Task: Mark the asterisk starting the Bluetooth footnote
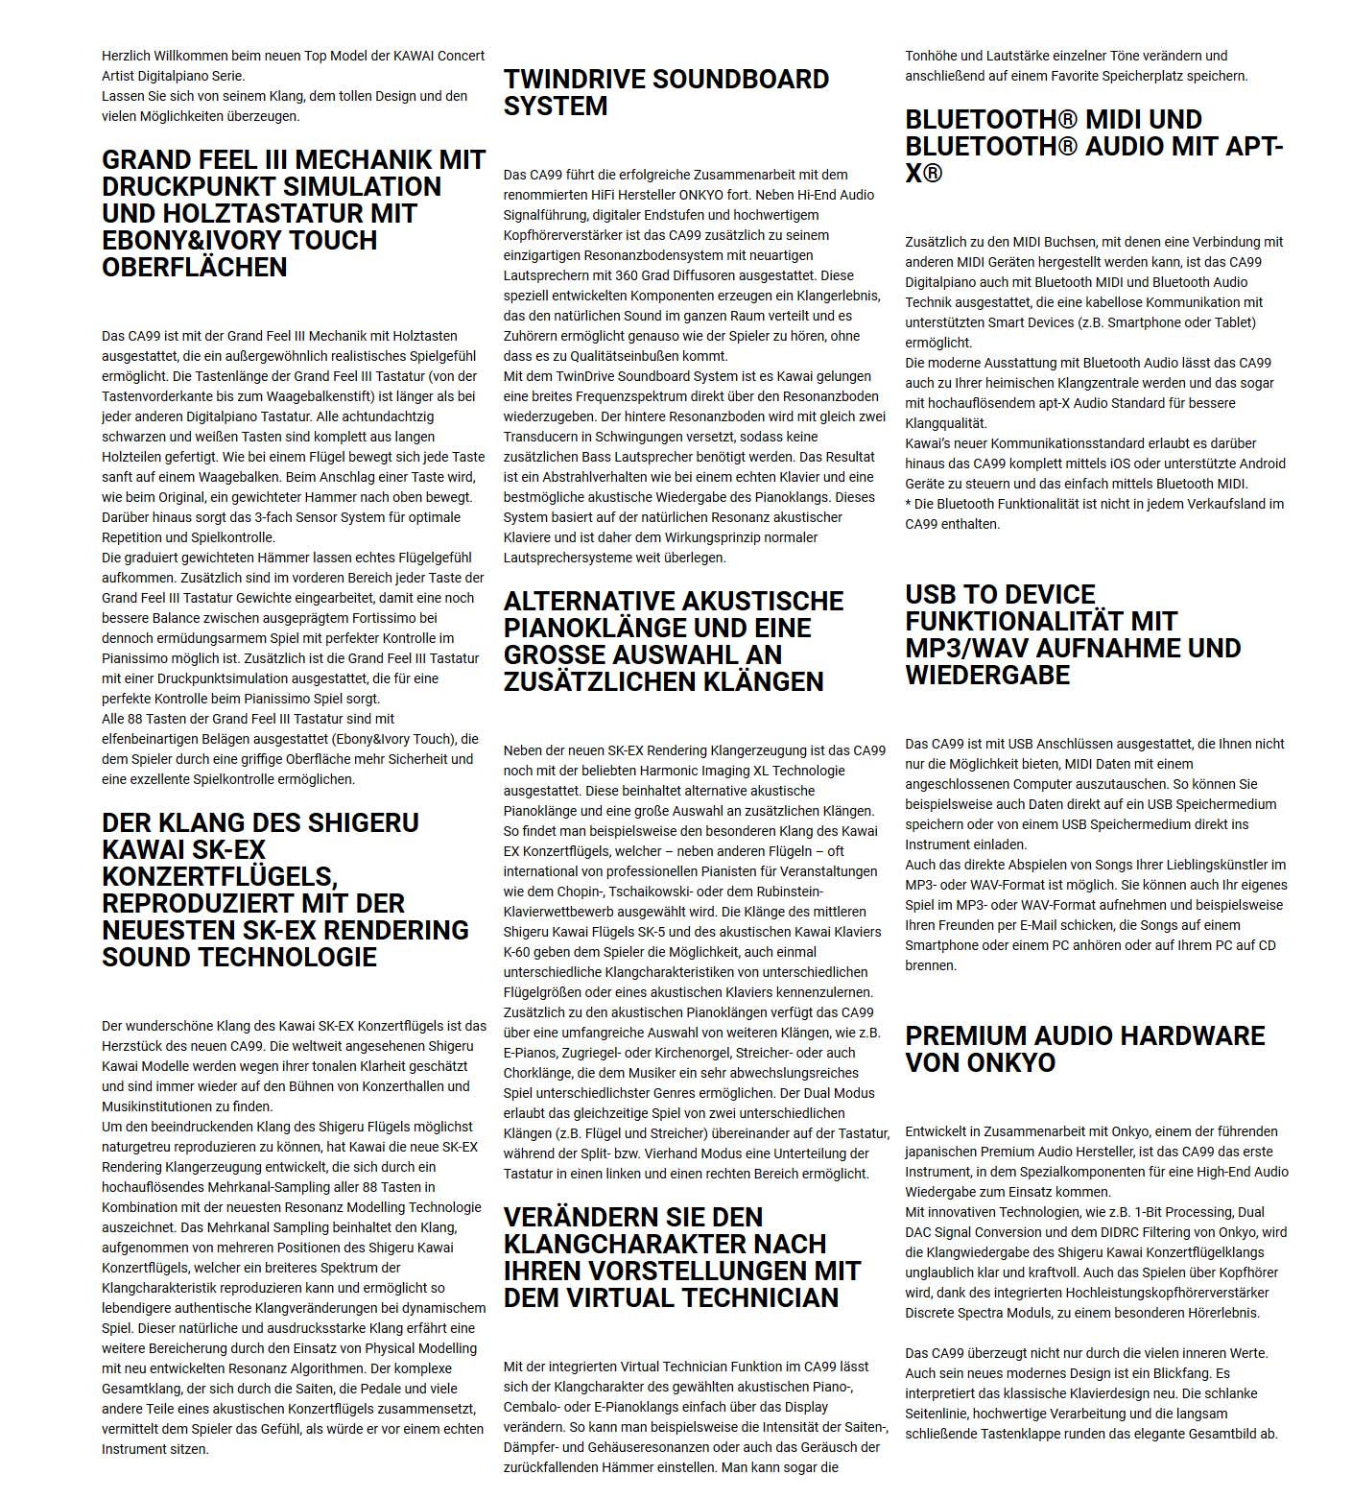click(x=908, y=504)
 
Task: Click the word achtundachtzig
click(x=389, y=416)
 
